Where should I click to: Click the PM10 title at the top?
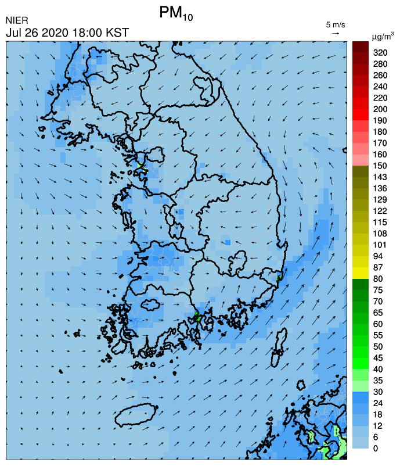tap(175, 14)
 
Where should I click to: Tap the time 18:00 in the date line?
tap(88, 33)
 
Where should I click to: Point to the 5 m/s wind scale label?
tap(336, 24)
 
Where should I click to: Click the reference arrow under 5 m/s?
tap(336, 33)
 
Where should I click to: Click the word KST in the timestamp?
tap(116, 33)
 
